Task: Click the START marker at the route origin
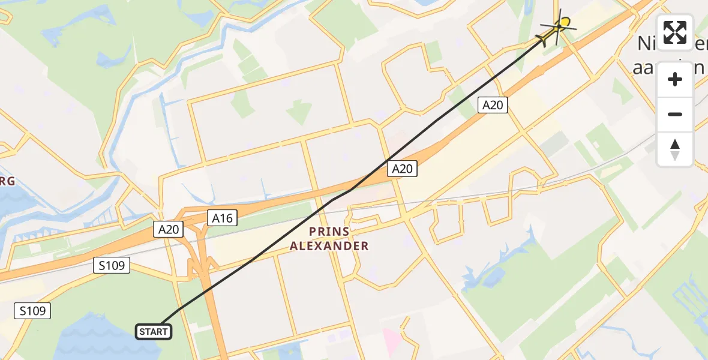(154, 331)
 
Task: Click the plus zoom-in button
(675, 79)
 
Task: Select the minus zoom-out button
(675, 114)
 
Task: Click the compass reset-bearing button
(675, 149)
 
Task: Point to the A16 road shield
(222, 218)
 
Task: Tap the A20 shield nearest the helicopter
(493, 105)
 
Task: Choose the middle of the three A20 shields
(401, 169)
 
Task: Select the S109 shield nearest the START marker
(32, 310)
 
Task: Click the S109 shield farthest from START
(112, 265)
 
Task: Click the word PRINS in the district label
(329, 231)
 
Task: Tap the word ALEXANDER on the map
(329, 245)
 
